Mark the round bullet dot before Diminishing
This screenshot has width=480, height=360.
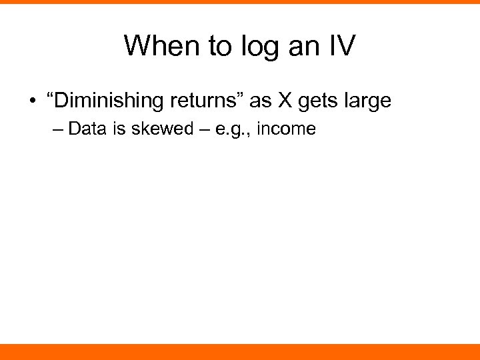[x=31, y=102]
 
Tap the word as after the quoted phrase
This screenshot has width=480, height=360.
[x=261, y=102]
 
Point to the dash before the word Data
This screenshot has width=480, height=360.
[x=58, y=129]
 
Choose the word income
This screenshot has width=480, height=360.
[x=286, y=129]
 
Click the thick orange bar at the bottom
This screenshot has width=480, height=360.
[x=240, y=351]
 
